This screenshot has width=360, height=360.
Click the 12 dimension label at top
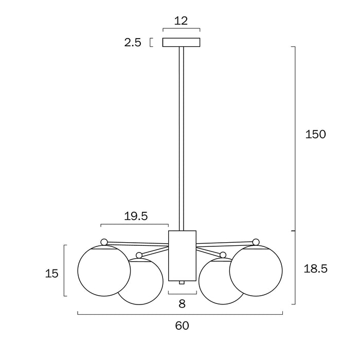[x=181, y=21]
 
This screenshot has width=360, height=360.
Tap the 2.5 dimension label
[x=133, y=43]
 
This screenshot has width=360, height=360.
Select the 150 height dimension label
[x=315, y=134]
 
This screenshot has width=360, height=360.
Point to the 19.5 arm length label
[x=136, y=217]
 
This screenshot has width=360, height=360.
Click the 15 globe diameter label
[x=51, y=274]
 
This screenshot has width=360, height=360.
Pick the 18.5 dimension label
[x=315, y=268]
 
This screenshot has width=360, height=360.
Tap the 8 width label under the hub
[x=182, y=304]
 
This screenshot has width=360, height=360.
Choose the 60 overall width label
[x=182, y=326]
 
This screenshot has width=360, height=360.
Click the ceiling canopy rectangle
[x=182, y=42]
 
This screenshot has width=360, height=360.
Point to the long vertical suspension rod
[x=182, y=139]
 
